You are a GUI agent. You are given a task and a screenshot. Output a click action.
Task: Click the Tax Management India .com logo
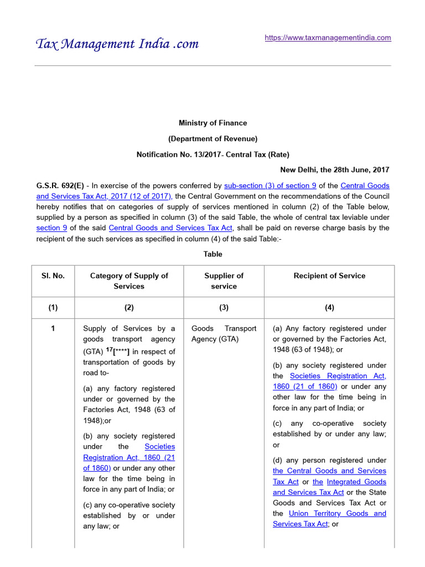[117, 44]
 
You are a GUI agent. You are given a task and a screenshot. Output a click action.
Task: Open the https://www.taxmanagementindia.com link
[328, 38]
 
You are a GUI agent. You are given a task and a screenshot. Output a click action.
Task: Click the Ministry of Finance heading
[212, 123]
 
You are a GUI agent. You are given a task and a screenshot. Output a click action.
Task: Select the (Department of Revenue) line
[212, 138]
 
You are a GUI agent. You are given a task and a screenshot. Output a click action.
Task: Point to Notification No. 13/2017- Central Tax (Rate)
[212, 154]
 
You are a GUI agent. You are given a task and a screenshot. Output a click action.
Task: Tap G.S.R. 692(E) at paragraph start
[60, 185]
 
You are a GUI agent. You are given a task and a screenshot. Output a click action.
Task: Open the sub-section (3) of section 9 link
[270, 185]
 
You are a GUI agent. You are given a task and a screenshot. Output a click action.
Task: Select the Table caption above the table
[212, 254]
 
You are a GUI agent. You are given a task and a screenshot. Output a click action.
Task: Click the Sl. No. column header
[53, 276]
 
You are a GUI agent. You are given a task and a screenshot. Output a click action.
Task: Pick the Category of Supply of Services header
[129, 281]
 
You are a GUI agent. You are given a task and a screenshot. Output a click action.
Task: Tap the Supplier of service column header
[224, 281]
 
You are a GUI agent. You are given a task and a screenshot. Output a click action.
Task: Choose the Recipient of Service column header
[329, 276]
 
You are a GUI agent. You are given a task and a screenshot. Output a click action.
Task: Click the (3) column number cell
[224, 307]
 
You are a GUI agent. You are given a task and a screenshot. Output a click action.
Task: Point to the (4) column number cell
[329, 307]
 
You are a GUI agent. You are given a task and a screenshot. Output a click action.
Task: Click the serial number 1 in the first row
[53, 328]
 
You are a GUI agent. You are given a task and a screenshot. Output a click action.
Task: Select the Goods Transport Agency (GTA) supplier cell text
[224, 333]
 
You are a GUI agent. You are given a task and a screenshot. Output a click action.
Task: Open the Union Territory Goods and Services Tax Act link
[329, 518]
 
